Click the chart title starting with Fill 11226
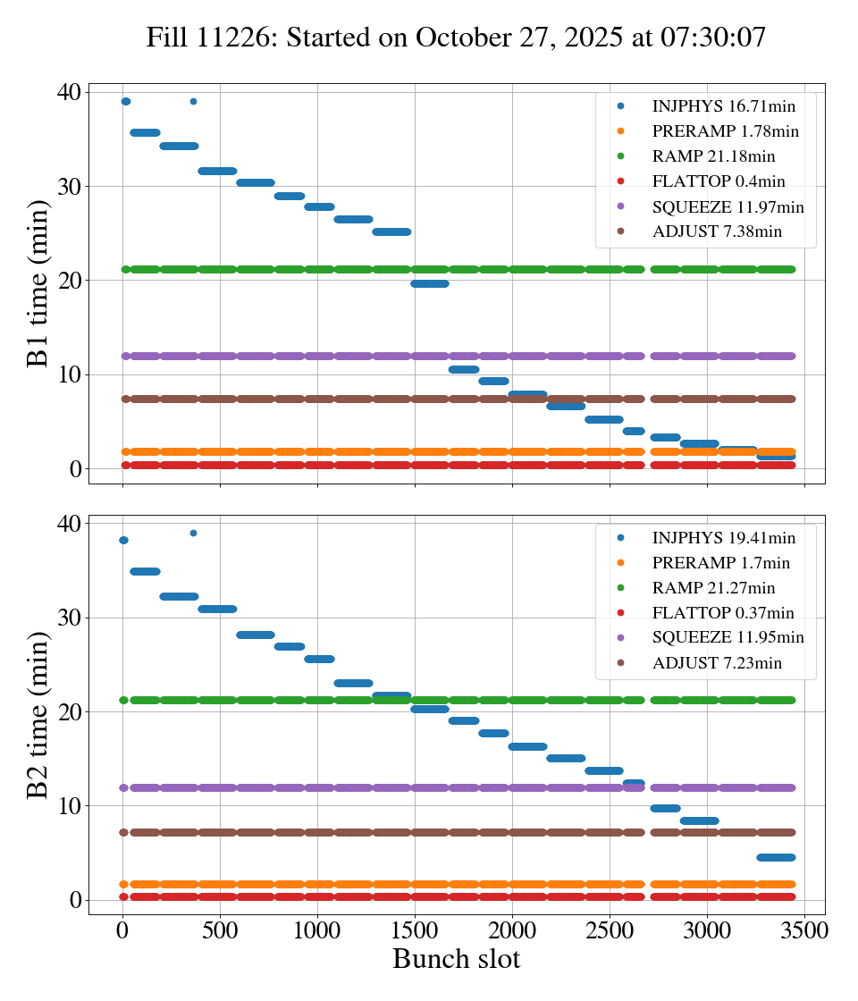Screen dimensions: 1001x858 [x=456, y=37]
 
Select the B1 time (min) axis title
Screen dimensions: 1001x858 [x=38, y=282]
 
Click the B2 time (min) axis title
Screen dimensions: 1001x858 [x=38, y=714]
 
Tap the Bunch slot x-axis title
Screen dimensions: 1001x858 [x=456, y=960]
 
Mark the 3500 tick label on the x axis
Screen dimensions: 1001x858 [x=804, y=929]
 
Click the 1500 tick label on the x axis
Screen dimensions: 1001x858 [x=415, y=929]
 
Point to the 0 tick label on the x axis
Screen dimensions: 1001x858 [x=122, y=929]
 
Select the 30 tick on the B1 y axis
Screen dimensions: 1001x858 [x=69, y=187]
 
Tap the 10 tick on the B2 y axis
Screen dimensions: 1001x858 [x=69, y=806]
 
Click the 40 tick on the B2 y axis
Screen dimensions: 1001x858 [x=69, y=523]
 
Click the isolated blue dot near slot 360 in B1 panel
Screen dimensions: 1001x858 [x=193, y=101]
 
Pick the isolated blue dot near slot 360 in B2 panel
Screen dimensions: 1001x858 [x=193, y=533]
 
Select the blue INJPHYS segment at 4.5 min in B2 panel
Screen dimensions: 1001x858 [x=775, y=857]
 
